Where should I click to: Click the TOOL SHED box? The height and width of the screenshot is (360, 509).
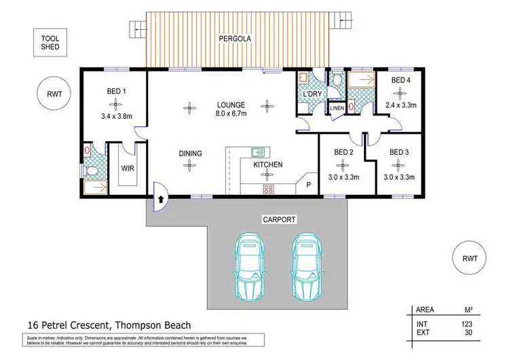pyautogui.click(x=50, y=43)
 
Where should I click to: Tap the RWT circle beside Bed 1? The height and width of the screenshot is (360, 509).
pyautogui.click(x=54, y=94)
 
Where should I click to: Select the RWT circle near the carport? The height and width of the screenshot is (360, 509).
pyautogui.click(x=469, y=259)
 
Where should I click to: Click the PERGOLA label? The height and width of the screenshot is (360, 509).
pyautogui.click(x=235, y=39)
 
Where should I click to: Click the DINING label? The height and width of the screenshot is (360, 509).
pyautogui.click(x=191, y=154)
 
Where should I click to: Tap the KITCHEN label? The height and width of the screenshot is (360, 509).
pyautogui.click(x=267, y=164)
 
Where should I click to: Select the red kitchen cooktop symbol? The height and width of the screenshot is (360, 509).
pyautogui.click(x=267, y=190)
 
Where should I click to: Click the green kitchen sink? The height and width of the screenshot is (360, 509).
pyautogui.click(x=258, y=152)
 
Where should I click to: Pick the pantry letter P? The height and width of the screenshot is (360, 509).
pyautogui.click(x=308, y=185)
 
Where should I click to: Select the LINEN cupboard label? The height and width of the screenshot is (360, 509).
pyautogui.click(x=337, y=108)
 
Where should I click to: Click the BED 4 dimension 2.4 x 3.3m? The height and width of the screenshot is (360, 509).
pyautogui.click(x=401, y=105)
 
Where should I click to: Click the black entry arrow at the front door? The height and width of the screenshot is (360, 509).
pyautogui.click(x=161, y=199)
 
